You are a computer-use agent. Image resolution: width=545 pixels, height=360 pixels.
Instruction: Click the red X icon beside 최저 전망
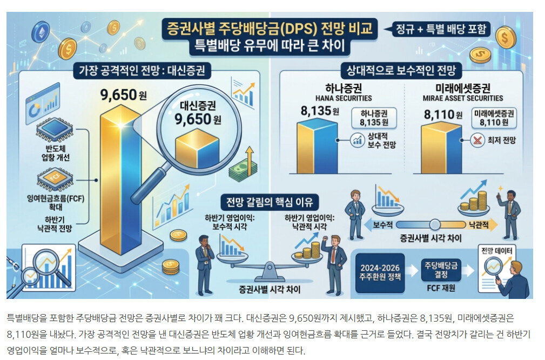pyautogui.click(x=477, y=140)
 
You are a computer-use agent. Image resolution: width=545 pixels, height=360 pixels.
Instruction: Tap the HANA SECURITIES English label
pyautogui.click(x=344, y=98)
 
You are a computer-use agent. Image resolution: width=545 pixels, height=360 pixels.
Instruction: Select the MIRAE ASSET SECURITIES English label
pyautogui.click(x=462, y=98)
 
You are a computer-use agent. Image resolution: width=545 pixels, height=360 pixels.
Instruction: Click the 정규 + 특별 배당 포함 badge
pyautogui.click(x=441, y=29)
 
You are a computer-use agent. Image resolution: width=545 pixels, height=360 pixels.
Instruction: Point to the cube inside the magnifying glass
pyautogui.click(x=197, y=148)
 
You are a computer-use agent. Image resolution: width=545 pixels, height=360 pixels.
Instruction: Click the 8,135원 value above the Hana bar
pyautogui.click(x=320, y=111)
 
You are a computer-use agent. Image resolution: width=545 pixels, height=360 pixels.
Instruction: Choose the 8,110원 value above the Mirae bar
pyautogui.click(x=443, y=115)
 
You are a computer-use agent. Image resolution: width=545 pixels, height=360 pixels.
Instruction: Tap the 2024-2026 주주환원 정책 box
pyautogui.click(x=380, y=272)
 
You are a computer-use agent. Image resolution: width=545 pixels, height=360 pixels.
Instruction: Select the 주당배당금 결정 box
pyautogui.click(x=441, y=270)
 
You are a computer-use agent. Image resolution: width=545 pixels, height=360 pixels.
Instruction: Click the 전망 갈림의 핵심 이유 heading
pyautogui.click(x=270, y=202)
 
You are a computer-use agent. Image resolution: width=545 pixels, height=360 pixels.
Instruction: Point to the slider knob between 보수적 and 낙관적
pyautogui.click(x=434, y=225)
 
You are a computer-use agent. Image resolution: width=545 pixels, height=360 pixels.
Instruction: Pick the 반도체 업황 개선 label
pyautogui.click(x=56, y=153)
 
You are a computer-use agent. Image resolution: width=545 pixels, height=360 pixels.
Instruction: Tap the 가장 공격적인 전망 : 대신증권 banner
pyautogui.click(x=142, y=71)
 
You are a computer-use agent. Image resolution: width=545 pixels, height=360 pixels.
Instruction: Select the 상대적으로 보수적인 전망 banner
pyautogui.click(x=401, y=71)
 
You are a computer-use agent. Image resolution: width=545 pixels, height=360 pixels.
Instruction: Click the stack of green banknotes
pyautogui.click(x=243, y=170)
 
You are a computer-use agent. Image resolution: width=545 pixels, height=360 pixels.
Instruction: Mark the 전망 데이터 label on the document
pyautogui.click(x=497, y=250)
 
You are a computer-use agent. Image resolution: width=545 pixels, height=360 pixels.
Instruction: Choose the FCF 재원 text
pyautogui.click(x=441, y=288)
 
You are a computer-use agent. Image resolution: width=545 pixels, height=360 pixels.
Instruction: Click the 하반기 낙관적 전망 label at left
pyautogui.click(x=55, y=224)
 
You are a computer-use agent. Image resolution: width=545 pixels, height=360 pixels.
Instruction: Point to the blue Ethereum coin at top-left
pyautogui.click(x=41, y=32)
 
